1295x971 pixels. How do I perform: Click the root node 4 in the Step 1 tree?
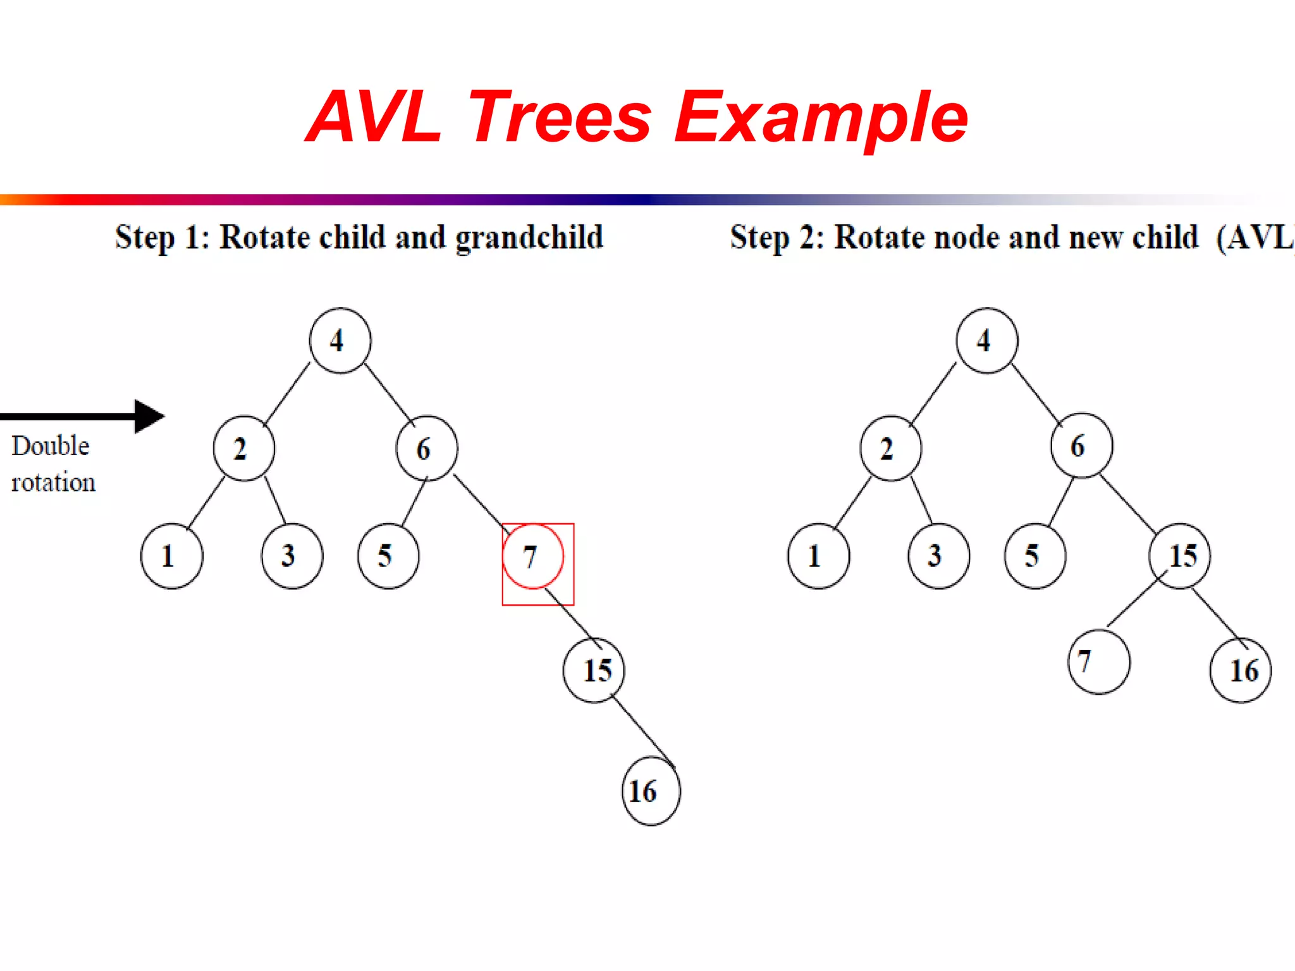click(x=340, y=341)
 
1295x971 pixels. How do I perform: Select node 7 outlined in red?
click(x=532, y=556)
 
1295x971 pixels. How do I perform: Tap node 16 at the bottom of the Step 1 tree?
click(x=651, y=791)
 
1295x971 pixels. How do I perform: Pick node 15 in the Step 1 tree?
click(x=594, y=670)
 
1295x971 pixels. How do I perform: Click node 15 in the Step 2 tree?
click(x=1180, y=556)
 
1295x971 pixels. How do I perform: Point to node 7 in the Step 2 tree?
click(x=1098, y=662)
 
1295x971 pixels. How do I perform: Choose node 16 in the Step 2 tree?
click(x=1241, y=670)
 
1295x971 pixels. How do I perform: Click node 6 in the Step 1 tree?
click(x=427, y=448)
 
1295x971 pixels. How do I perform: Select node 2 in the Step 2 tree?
click(x=890, y=448)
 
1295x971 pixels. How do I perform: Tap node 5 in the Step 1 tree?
click(x=388, y=556)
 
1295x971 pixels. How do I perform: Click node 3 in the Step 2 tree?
click(x=938, y=556)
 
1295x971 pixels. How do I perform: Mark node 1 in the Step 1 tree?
click(x=171, y=556)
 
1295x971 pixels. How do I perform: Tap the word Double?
click(x=51, y=446)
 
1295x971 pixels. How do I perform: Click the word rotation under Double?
click(x=53, y=483)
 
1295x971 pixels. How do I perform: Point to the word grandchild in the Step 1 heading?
click(x=529, y=238)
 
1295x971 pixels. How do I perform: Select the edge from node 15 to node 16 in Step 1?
click(x=642, y=731)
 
